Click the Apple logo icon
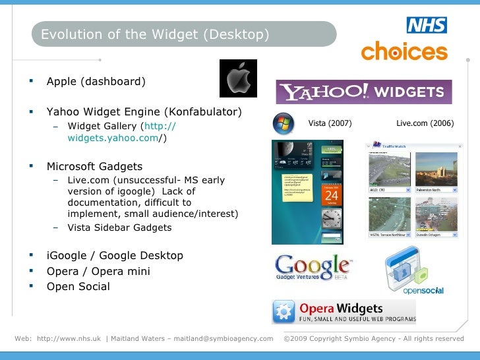coord(238,78)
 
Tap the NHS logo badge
coord(427,25)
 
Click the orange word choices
coord(404,51)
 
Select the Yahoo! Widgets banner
coord(363,92)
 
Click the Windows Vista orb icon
coord(283,123)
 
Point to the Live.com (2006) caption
coord(425,123)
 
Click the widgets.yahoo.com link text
coord(113,138)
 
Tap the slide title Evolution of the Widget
coord(155,34)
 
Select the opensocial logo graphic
coord(414,270)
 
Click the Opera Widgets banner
coord(344,312)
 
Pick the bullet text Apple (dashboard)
coord(96,82)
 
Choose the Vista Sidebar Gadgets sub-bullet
coord(119,227)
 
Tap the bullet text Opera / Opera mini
coord(98,271)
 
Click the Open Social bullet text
coord(78,286)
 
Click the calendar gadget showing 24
coord(331,195)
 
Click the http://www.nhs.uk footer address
coord(69,339)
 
